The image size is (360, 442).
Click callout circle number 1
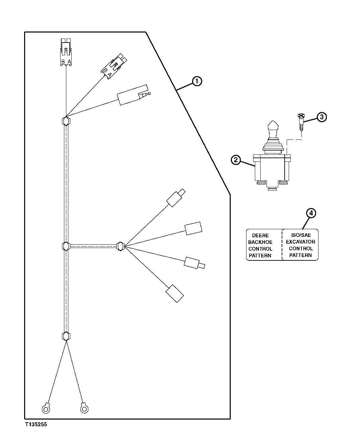[x=197, y=81]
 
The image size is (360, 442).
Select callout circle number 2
[x=236, y=160]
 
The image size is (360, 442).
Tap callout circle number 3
[x=321, y=117]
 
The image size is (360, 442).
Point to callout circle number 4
[x=311, y=213]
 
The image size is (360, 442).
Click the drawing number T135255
[x=35, y=424]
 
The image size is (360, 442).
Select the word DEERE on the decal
[x=260, y=236]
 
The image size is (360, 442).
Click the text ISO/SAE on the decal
[x=301, y=235]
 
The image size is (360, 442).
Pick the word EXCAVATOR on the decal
[x=300, y=242]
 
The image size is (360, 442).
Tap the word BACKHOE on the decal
[x=260, y=242]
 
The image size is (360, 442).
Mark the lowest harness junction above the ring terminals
[x=66, y=336]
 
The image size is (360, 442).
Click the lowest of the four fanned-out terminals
[x=174, y=294]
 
